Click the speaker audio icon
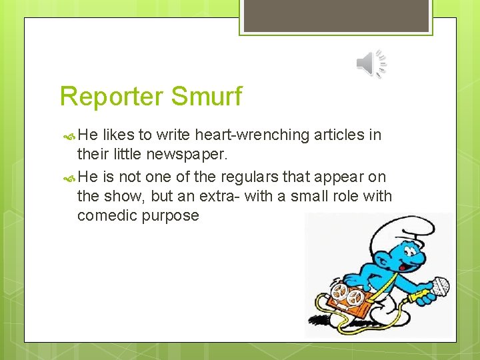[x=371, y=64]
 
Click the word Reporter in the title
[x=111, y=97]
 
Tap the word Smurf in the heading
[x=206, y=97]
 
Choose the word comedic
[x=109, y=216]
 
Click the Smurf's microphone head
[x=439, y=286]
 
